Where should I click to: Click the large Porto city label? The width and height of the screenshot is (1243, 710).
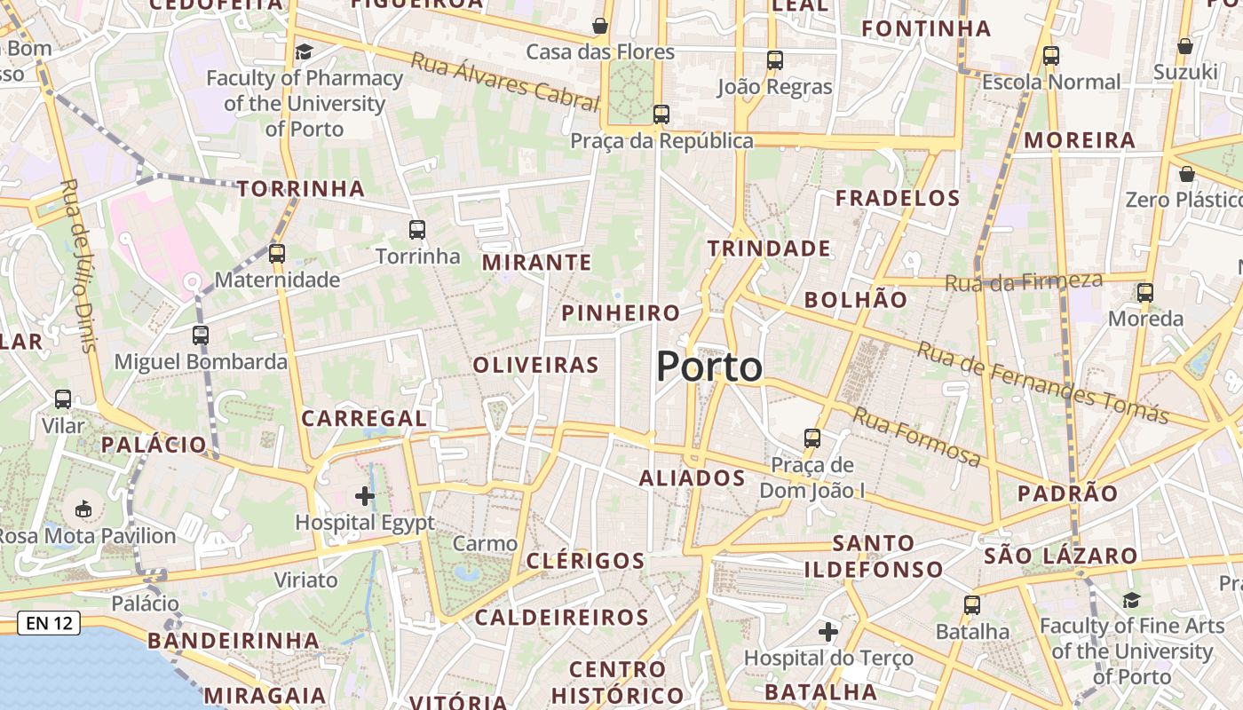(709, 367)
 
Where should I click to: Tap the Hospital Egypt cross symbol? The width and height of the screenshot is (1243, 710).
(365, 496)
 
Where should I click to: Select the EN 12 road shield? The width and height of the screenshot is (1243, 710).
(50, 623)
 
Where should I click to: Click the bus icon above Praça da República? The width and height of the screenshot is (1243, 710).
(661, 114)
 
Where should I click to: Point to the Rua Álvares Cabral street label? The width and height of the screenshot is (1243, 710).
(505, 82)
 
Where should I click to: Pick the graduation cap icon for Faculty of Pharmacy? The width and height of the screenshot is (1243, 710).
(305, 51)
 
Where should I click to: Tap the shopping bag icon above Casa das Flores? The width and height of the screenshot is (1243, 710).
(600, 26)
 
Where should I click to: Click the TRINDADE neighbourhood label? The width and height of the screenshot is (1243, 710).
(769, 248)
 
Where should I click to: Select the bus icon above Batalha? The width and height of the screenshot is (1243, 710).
(972, 605)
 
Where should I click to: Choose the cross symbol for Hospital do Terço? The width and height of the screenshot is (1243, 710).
(828, 632)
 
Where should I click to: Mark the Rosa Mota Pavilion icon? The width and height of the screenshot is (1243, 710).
(83, 509)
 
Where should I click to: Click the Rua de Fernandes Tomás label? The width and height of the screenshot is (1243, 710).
(1042, 383)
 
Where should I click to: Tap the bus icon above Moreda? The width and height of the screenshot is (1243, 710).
(1145, 293)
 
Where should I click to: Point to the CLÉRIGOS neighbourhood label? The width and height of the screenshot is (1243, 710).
(585, 561)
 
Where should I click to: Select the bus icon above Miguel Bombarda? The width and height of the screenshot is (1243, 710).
(201, 335)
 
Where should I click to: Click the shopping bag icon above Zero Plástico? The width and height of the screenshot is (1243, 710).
(1187, 174)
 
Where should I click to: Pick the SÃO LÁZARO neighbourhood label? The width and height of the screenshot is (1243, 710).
(1060, 556)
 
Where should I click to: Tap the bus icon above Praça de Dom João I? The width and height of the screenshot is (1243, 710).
(812, 438)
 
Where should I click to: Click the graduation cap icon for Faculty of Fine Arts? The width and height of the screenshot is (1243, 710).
(1131, 601)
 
